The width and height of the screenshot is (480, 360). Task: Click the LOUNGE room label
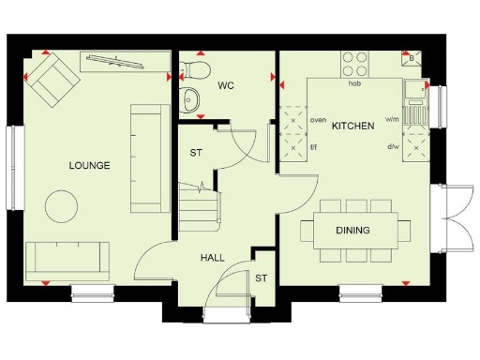pyautogui.click(x=89, y=166)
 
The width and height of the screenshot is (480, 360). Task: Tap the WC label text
pyautogui.click(x=226, y=86)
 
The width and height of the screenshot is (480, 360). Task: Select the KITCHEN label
pyautogui.click(x=353, y=126)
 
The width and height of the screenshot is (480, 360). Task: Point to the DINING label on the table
pyautogui.click(x=353, y=230)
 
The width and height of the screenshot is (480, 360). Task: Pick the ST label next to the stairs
pyautogui.click(x=197, y=153)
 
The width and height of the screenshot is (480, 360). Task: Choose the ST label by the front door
pyautogui.click(x=262, y=277)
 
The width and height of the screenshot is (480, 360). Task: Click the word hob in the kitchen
pyautogui.click(x=355, y=83)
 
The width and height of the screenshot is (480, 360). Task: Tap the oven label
pyautogui.click(x=318, y=120)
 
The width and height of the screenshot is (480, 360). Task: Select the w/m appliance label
pyautogui.click(x=392, y=120)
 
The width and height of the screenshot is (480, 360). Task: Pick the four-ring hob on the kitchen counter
pyautogui.click(x=354, y=64)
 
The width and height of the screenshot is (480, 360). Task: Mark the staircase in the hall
pyautogui.click(x=200, y=202)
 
